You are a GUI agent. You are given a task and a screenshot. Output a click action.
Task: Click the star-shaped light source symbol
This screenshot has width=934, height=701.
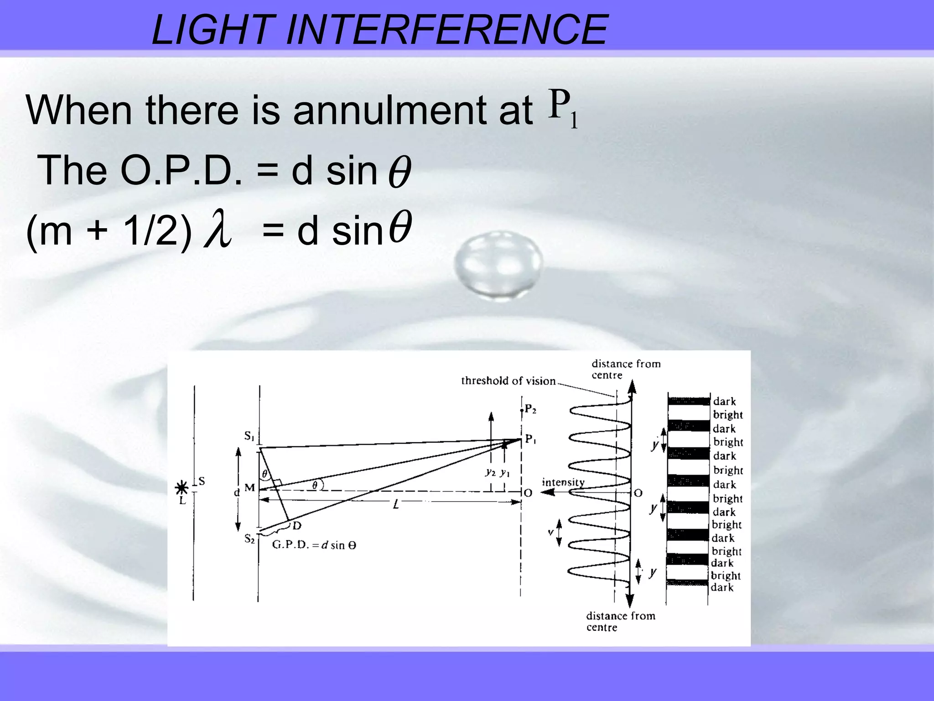pos(182,488)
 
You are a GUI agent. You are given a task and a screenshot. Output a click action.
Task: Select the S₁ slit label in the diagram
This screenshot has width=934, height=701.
pos(249,436)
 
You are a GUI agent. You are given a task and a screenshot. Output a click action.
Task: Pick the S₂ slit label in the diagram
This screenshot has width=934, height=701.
pos(249,539)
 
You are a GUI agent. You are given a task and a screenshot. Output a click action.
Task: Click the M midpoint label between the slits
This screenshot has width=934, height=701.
pos(249,487)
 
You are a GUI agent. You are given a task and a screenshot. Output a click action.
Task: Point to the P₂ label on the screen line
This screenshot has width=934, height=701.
pos(530,409)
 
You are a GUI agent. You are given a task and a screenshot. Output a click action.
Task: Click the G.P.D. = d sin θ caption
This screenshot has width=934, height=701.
pos(314,545)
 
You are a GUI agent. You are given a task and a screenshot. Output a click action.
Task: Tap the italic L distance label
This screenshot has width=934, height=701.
pos(396,504)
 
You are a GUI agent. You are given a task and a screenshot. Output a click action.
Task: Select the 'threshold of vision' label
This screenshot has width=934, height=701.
pos(508,381)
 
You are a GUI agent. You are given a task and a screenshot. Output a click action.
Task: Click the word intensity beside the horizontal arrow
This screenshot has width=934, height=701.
pos(563,482)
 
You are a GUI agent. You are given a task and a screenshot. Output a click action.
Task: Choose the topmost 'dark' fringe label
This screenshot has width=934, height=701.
pos(724,401)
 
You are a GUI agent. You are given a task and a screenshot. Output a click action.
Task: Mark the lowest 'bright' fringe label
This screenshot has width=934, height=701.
pos(726,575)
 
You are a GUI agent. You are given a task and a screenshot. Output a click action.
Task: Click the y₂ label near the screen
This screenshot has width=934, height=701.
pos(490,472)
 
